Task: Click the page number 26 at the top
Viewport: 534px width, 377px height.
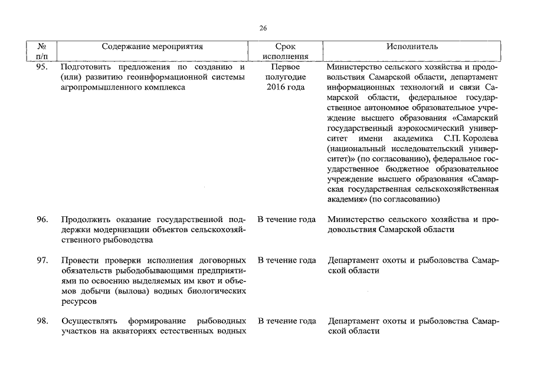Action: pos(263,28)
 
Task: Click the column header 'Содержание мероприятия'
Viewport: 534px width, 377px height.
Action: pos(152,46)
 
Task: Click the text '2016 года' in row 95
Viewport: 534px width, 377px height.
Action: pos(286,87)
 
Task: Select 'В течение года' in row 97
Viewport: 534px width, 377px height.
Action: pos(286,260)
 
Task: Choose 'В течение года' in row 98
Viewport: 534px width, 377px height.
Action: pos(286,321)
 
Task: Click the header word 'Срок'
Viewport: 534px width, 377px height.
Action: pos(286,46)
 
